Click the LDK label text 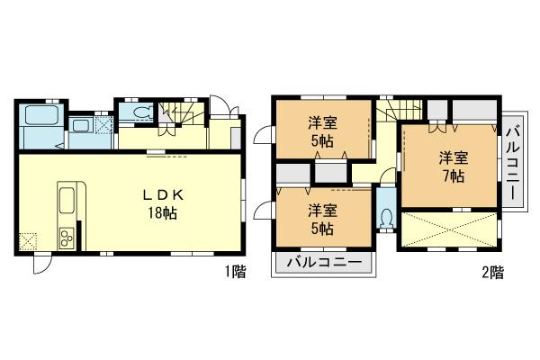[x=159, y=194]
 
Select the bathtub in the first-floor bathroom [x=39, y=116]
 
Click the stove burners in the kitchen [x=68, y=238]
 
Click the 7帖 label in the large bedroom [x=451, y=176]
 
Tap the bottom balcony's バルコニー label [x=324, y=264]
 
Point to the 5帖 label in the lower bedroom [x=321, y=229]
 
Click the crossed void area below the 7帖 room [x=448, y=228]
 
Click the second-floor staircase [x=397, y=110]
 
